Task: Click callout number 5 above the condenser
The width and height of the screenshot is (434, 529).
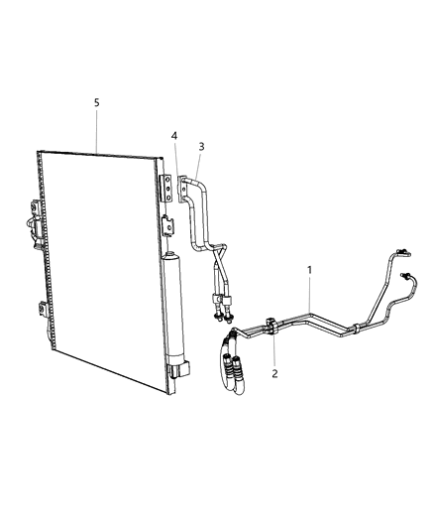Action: [96, 102]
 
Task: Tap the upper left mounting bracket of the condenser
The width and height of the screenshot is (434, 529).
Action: [38, 210]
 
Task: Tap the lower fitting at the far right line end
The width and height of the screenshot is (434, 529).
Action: [406, 277]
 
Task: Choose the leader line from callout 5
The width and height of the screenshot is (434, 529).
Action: [96, 130]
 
